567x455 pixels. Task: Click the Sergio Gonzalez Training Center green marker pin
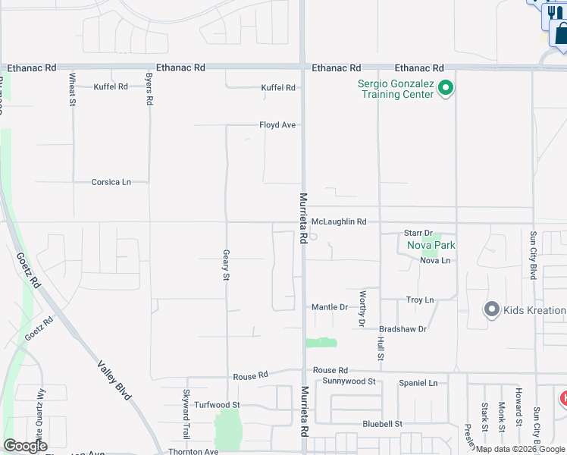point(446,89)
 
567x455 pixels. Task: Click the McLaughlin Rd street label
point(339,221)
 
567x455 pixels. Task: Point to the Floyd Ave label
point(277,125)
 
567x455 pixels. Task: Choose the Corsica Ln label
point(111,182)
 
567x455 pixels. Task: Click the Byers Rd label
point(149,89)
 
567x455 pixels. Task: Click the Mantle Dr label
point(330,307)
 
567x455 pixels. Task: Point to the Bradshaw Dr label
point(403,329)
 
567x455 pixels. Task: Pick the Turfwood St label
point(216,406)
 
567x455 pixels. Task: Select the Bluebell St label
point(381,423)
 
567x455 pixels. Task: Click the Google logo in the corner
point(25,446)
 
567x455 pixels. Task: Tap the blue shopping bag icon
point(561,33)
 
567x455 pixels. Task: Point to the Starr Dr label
point(418,233)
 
